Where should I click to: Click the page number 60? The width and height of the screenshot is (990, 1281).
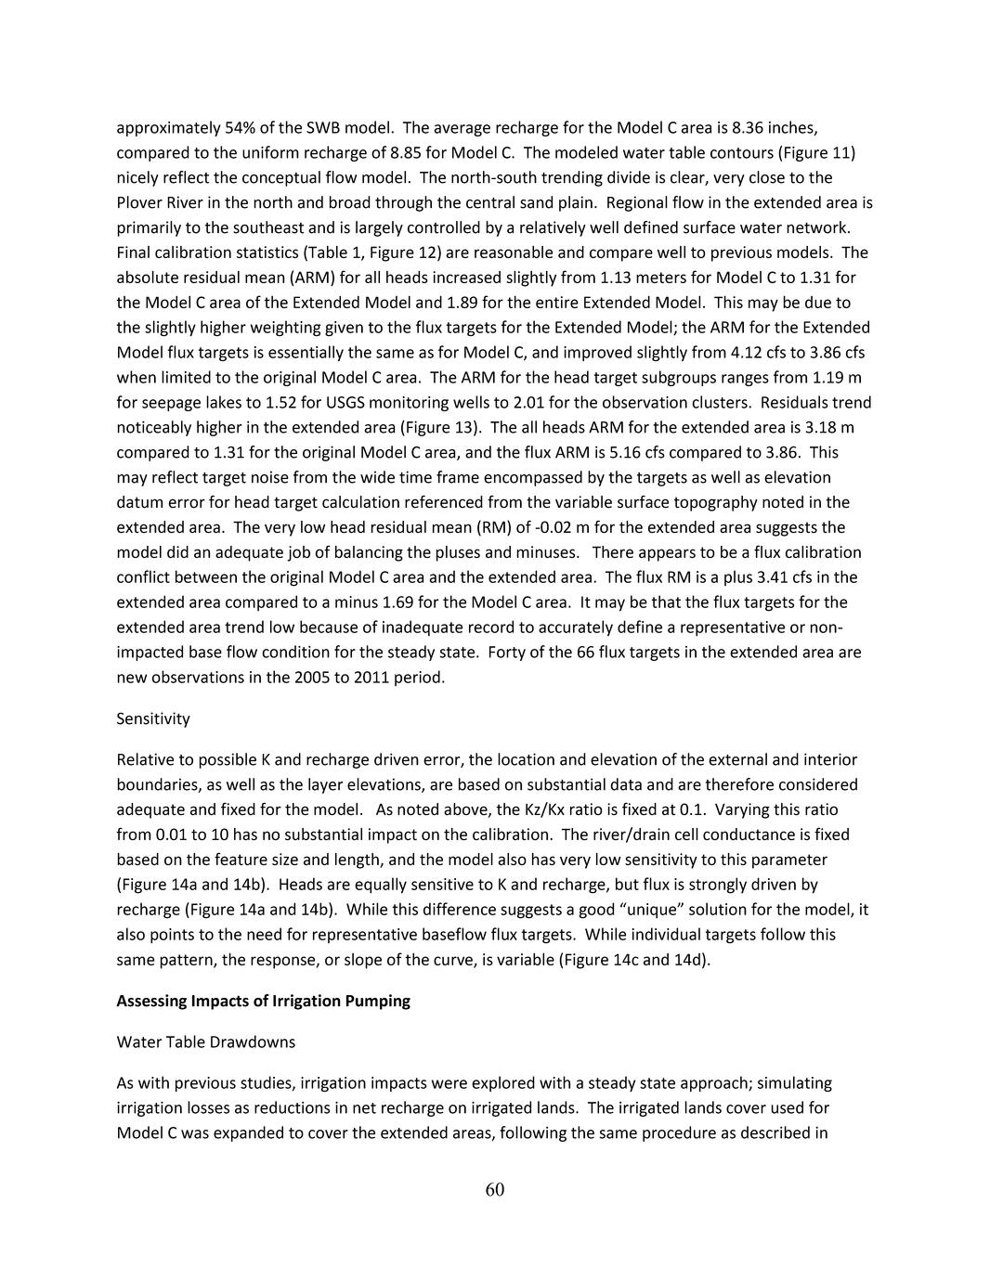494,1191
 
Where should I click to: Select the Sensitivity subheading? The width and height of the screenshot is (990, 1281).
153,718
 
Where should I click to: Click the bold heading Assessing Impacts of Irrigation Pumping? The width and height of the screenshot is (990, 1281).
263,1001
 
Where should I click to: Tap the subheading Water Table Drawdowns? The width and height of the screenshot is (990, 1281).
205,1042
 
